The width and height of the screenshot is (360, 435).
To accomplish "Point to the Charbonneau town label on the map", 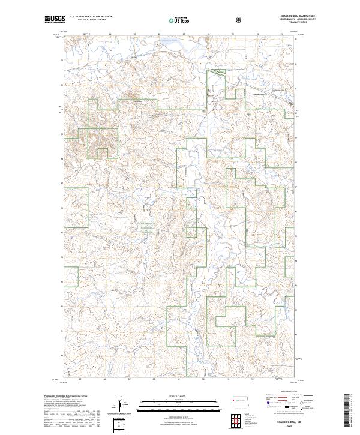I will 260,94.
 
